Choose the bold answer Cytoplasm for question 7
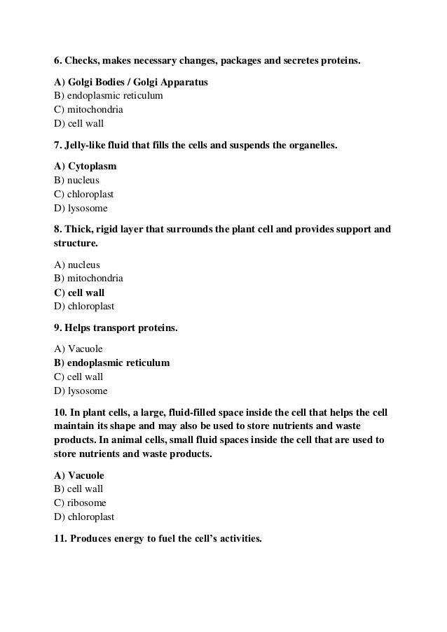(x=85, y=168)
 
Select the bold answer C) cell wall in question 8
(x=79, y=293)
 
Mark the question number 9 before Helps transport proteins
(x=57, y=326)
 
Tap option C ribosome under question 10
(x=79, y=503)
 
